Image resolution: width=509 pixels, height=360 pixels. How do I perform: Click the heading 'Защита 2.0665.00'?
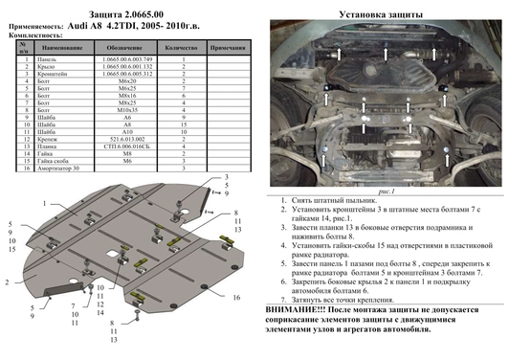coord(128,8)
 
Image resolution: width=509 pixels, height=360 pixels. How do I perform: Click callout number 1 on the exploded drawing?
coord(43,203)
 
